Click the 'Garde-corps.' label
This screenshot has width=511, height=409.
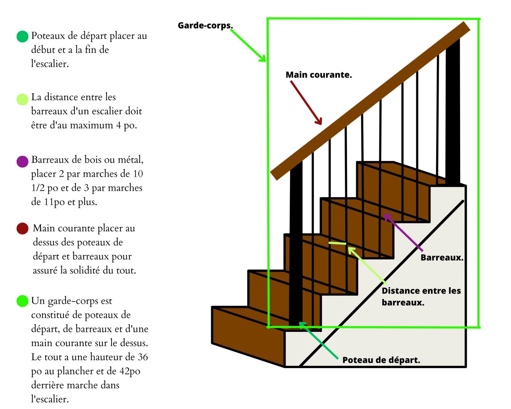point(205,26)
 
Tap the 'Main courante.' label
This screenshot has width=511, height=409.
point(318,75)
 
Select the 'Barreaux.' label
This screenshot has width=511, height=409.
point(442,258)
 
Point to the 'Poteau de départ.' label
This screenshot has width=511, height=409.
point(381,360)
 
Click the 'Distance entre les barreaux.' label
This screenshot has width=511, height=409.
point(421,297)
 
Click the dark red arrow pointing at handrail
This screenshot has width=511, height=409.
point(306,102)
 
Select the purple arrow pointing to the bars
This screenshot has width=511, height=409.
point(403,233)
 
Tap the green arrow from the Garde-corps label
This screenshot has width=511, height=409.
point(248,46)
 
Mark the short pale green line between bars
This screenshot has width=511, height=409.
point(337,244)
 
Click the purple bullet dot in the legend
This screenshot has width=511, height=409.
point(22,162)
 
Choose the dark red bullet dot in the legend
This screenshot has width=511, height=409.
point(22,229)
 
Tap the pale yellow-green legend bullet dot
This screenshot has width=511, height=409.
point(22,100)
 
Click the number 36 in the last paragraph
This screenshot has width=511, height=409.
point(143,357)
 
